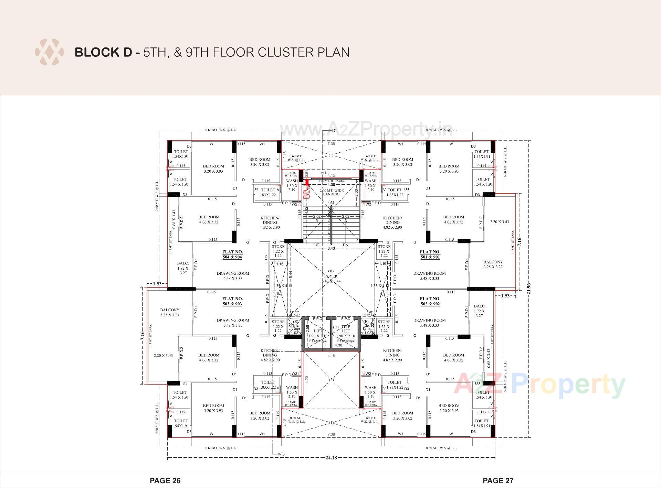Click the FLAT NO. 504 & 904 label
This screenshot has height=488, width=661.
click(x=232, y=254)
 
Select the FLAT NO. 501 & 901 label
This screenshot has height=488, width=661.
click(x=430, y=254)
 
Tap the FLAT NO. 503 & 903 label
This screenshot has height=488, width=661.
click(x=232, y=301)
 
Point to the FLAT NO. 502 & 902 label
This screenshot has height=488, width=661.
click(x=430, y=301)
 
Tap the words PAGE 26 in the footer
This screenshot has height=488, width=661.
click(x=165, y=480)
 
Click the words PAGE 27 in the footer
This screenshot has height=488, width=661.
click(x=498, y=480)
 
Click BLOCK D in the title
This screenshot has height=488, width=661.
click(x=103, y=52)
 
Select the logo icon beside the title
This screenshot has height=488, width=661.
click(x=49, y=52)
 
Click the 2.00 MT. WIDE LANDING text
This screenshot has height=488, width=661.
click(x=331, y=192)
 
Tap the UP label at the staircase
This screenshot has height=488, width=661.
click(x=317, y=245)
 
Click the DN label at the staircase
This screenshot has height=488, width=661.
click(x=346, y=245)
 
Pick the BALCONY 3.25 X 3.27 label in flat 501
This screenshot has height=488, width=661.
click(x=493, y=264)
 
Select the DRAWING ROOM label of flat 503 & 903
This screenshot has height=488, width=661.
click(x=233, y=323)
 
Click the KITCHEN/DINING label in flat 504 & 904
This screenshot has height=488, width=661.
click(x=270, y=223)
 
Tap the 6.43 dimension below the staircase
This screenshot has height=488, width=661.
click(x=331, y=248)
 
